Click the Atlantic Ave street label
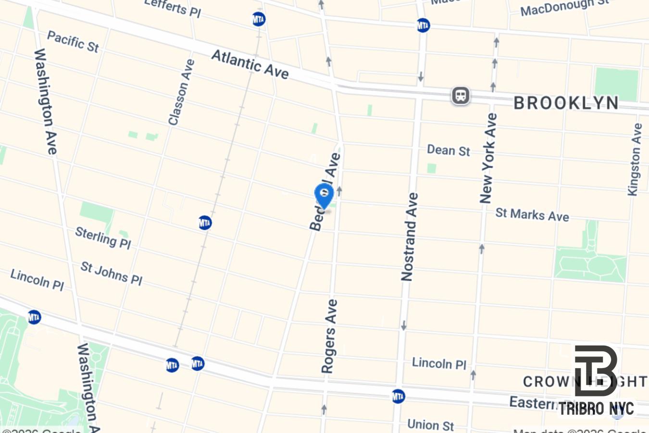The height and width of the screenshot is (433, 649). tap(250, 64)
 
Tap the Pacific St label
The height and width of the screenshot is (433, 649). tap(73, 41)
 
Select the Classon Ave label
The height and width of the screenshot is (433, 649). tap(181, 92)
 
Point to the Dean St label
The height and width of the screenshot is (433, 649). tap(448, 151)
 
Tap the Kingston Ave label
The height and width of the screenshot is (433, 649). tap(635, 159)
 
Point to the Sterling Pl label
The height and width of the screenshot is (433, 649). tap(103, 238)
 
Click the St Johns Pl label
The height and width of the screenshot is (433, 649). tap(111, 273)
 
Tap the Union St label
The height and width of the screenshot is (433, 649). tap(430, 424)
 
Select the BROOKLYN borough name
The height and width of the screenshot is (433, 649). tap(566, 103)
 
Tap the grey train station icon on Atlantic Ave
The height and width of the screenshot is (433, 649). tap(461, 95)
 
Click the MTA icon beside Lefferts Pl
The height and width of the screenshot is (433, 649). tap(259, 19)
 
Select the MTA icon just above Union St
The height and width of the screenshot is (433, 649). tap(398, 396)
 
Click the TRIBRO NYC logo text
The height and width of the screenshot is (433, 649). tap(596, 409)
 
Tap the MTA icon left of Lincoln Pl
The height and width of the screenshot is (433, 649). tap(34, 317)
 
